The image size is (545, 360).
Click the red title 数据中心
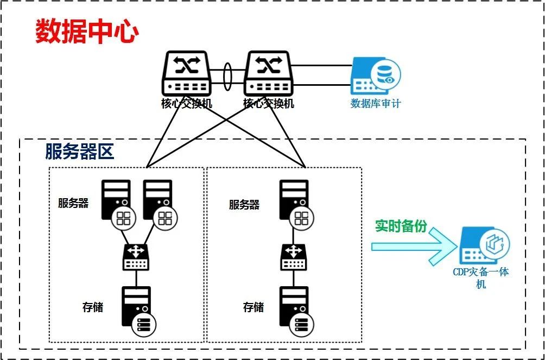point(87,31)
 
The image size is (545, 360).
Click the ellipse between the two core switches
point(227,74)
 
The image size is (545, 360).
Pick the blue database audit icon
point(376,76)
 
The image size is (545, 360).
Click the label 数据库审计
point(376,103)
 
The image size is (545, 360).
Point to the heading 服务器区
point(80,152)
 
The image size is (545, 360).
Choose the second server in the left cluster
point(159,201)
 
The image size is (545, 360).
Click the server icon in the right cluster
point(295,201)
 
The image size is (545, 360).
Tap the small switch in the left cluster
point(136,256)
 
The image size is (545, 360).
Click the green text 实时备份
point(401,226)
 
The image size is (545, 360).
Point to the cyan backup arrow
point(413,246)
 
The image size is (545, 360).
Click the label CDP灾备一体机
point(481,277)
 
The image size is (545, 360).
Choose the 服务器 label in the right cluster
point(244,205)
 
